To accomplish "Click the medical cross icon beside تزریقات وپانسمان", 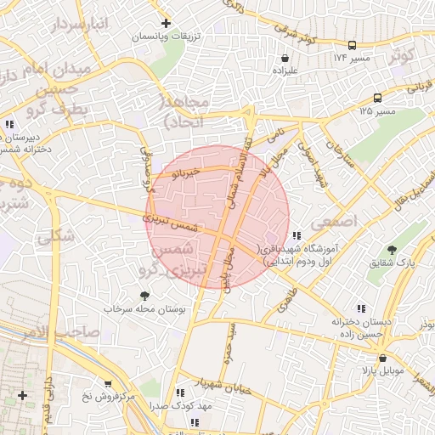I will pos(166,23).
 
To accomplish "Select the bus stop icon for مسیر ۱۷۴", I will pos(353,45).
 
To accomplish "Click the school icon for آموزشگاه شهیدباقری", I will pos(296,235).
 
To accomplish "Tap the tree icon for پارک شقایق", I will pos(392,250).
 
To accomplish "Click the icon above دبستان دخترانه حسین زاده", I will pos(361,309).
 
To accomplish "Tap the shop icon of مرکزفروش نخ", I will pos(107,383).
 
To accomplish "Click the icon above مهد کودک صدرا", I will pos(180,393).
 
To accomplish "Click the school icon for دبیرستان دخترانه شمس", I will pos(9,124).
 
